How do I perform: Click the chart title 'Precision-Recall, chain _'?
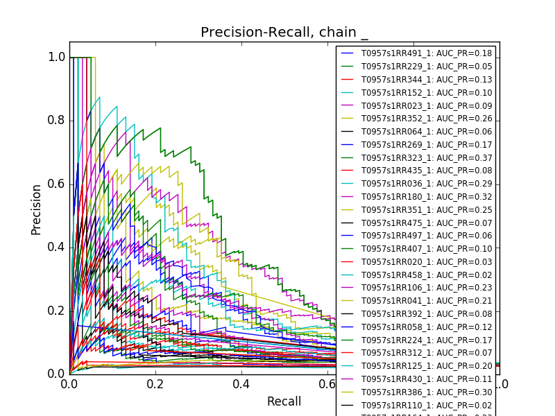coord(284,33)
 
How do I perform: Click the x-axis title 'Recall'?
coord(284,401)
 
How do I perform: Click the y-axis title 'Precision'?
coord(36,209)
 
